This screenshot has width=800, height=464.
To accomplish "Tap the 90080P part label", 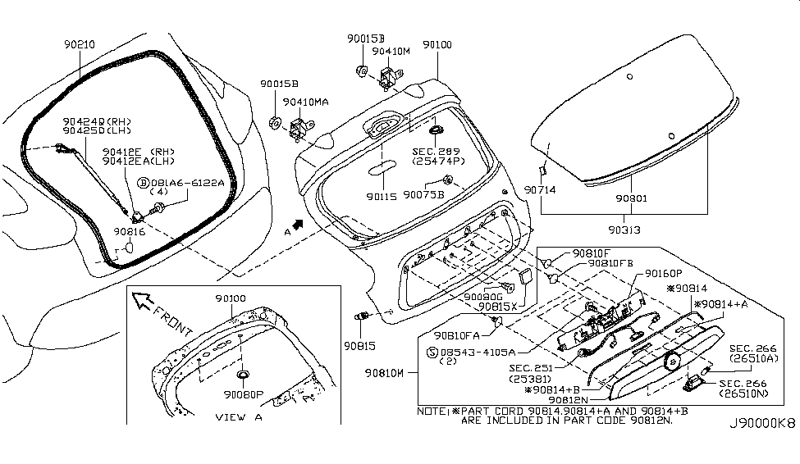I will click(x=245, y=393).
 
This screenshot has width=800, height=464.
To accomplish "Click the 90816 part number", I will click(x=130, y=232).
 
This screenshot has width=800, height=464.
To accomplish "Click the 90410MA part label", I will click(x=306, y=102).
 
